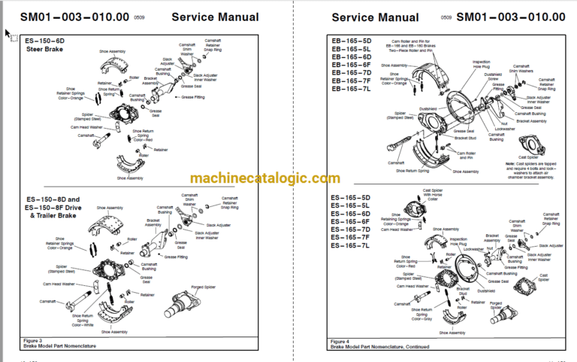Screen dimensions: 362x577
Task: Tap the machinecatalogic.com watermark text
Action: tap(254, 178)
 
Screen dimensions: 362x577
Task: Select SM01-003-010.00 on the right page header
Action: tap(511, 17)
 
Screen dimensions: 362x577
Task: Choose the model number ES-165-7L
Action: tap(351, 246)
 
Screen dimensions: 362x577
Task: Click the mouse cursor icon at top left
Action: tap(8, 33)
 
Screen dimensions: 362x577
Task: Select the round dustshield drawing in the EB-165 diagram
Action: tap(465, 113)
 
